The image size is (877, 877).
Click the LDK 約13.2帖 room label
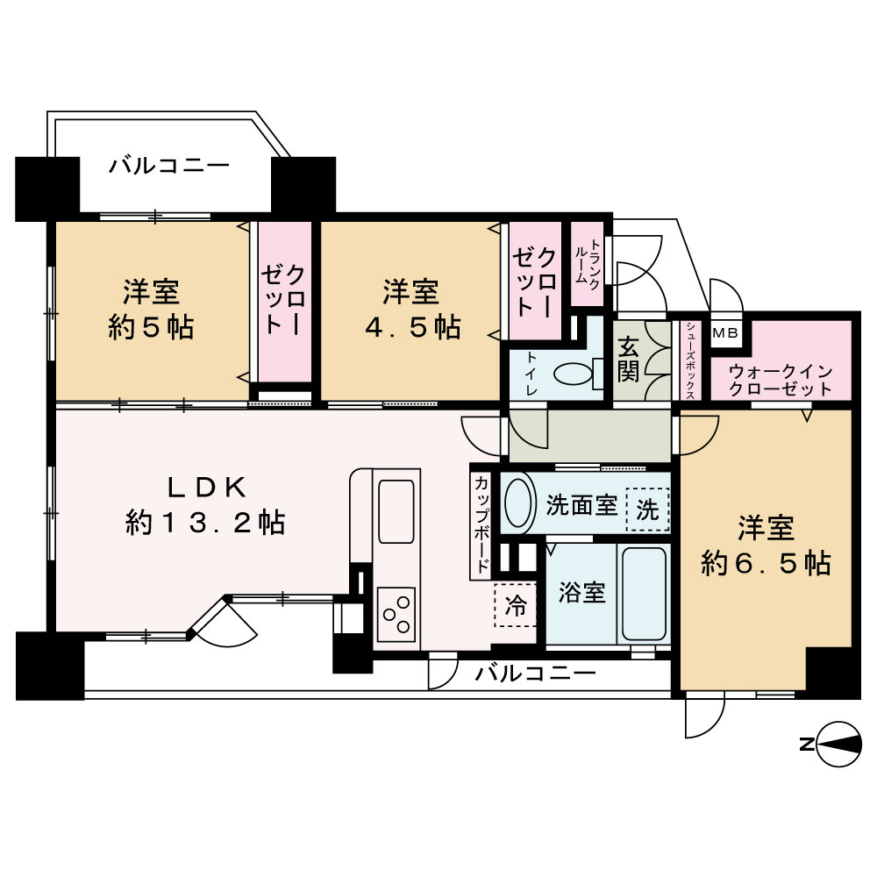tap(203, 506)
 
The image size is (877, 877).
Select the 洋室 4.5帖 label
tap(410, 309)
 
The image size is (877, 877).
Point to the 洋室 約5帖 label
tap(151, 309)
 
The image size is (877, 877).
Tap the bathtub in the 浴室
tap(645, 594)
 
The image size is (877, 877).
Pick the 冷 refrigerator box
tap(517, 604)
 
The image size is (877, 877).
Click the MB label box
tap(725, 332)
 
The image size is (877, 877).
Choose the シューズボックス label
tap(690, 360)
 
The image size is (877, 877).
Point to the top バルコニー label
tap(169, 166)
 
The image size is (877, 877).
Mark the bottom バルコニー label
tap(536, 674)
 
